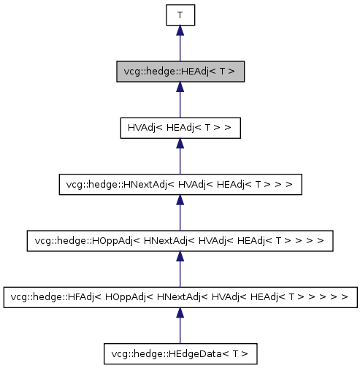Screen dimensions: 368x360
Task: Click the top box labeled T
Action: coord(180,15)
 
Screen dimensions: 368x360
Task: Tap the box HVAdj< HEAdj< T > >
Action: coord(180,128)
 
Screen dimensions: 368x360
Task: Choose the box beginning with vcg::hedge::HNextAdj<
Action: coord(180,185)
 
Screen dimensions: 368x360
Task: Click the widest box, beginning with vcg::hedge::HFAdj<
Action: coord(180,297)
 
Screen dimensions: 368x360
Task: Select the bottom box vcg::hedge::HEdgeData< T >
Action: coord(180,354)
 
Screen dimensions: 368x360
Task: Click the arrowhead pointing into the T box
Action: coord(180,31)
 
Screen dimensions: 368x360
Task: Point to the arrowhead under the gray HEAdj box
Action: coord(180,88)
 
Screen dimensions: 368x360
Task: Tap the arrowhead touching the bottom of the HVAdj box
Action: coord(180,144)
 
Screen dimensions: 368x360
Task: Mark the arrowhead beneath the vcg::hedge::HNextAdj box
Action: coord(180,201)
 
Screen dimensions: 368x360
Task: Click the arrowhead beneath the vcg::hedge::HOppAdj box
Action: coord(180,257)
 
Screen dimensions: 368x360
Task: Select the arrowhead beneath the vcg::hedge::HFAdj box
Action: coord(180,313)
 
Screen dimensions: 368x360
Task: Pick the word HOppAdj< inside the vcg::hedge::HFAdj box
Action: coord(129,297)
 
